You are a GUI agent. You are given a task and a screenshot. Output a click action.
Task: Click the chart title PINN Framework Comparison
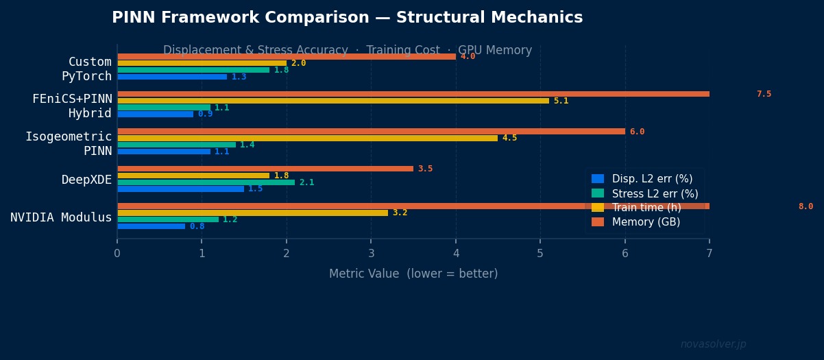(347, 18)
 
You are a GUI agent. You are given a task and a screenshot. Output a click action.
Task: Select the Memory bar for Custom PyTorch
(287, 57)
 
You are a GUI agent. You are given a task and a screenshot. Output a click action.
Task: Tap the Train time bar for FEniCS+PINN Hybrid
(333, 101)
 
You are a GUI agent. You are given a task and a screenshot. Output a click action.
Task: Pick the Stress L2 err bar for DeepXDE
(206, 182)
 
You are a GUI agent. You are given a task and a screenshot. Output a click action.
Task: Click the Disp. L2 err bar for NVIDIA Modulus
(151, 226)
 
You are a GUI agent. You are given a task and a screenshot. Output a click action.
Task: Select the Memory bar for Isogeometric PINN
(371, 132)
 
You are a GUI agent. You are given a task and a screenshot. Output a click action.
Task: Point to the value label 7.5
(764, 95)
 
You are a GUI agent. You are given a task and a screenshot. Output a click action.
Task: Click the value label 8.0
(805, 206)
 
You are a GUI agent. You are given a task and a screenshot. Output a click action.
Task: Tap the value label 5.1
(561, 101)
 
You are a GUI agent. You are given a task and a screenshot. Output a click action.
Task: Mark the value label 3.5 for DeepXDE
(425, 169)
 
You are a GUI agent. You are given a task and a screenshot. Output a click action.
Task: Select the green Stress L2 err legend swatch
(598, 193)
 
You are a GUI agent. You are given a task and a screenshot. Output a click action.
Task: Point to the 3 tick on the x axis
(371, 254)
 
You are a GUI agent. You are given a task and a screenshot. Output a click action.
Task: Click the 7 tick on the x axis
(710, 254)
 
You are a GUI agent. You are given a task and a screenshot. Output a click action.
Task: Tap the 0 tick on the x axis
(117, 254)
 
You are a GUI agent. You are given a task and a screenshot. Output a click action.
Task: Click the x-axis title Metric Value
(413, 274)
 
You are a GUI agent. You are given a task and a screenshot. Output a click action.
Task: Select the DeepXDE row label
(86, 180)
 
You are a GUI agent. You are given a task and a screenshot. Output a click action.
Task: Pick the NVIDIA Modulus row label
(61, 217)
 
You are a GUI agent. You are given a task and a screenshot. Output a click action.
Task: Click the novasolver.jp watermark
(713, 344)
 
